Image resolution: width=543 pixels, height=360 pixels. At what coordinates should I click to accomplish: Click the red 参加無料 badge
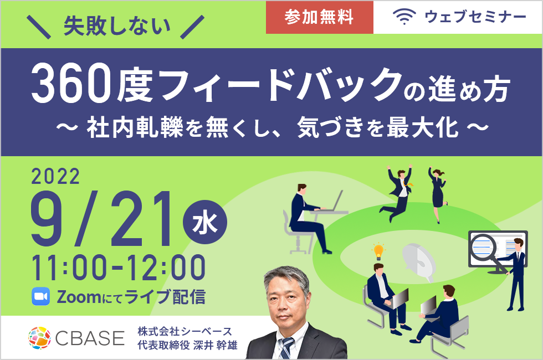(x=319, y=17)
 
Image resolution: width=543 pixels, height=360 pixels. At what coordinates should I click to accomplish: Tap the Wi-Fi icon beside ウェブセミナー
(x=404, y=17)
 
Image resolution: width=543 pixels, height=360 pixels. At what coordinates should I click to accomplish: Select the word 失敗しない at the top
(x=117, y=26)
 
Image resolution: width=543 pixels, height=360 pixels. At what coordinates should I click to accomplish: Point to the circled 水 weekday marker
(x=204, y=222)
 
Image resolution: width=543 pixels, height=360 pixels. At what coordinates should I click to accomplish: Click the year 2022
(x=55, y=177)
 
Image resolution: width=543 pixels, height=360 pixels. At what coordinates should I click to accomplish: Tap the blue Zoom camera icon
(x=40, y=297)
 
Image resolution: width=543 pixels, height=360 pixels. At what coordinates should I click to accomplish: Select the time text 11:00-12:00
(x=119, y=267)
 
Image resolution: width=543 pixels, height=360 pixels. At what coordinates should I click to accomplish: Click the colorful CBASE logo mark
(x=39, y=338)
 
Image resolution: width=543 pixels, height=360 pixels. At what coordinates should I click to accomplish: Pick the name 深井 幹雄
(x=216, y=345)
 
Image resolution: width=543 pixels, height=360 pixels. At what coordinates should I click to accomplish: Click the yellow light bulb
(x=378, y=251)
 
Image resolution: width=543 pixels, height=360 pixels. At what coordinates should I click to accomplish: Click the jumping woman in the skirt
(x=437, y=194)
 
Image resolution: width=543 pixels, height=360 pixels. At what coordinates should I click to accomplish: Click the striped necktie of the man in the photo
(x=286, y=347)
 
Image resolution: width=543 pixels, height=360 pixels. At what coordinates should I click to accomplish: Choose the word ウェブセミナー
(x=475, y=17)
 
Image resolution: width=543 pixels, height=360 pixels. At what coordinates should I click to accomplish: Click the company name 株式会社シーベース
(x=185, y=332)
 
